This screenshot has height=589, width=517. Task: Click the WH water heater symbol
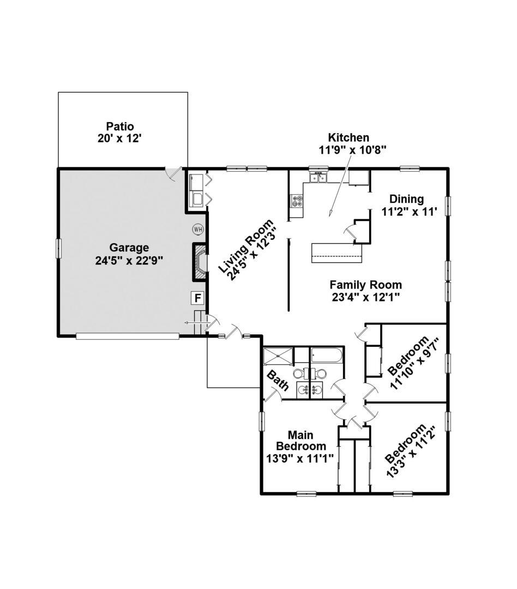(198, 229)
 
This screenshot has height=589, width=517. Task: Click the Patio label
(120, 127)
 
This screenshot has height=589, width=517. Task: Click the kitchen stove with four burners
(297, 201)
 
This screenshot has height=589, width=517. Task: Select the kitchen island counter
(336, 253)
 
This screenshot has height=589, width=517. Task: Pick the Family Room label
(365, 285)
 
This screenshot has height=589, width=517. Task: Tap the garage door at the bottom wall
(127, 336)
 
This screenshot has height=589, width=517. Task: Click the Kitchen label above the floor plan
(348, 137)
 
